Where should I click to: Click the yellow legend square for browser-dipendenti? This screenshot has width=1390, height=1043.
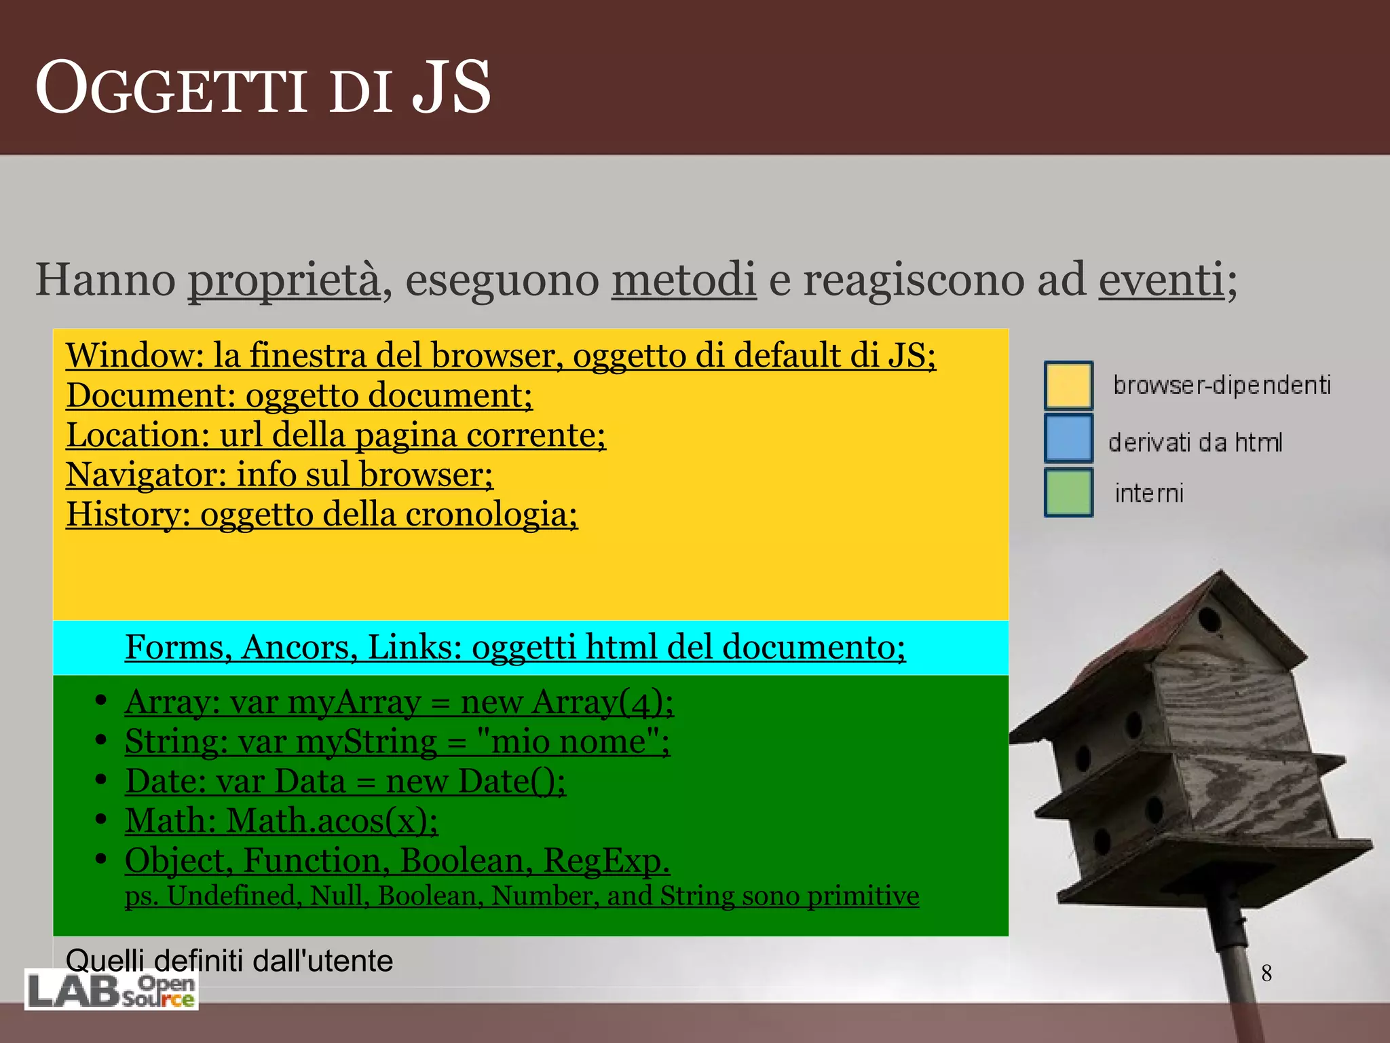coord(1068,385)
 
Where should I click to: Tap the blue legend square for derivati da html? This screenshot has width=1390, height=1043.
coord(1068,439)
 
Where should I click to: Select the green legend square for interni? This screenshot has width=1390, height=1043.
coord(1068,492)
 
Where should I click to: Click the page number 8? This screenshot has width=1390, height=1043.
coord(1266,973)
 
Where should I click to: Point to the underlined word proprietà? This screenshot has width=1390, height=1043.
coord(284,280)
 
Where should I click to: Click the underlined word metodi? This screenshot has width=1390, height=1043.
coord(683,280)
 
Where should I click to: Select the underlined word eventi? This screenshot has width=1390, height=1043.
coord(1161,280)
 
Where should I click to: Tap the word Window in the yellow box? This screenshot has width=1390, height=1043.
coord(132,355)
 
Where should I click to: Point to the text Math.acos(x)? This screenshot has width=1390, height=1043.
coord(332,821)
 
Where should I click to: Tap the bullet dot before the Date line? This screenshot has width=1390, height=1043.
coord(100,780)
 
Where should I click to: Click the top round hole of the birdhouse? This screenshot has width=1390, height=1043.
coord(1209,619)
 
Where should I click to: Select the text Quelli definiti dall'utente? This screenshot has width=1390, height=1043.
coord(229,961)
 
